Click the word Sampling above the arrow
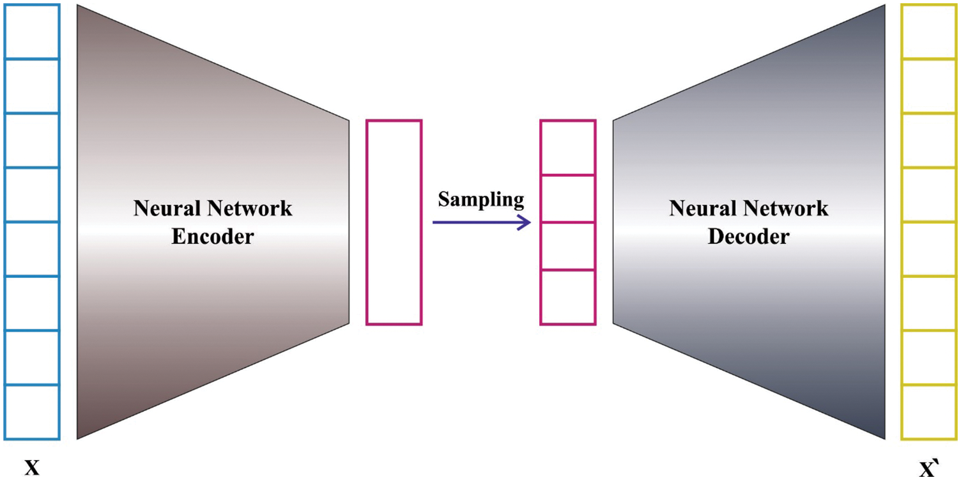(480, 200)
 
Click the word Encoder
(212, 236)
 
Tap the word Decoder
(748, 236)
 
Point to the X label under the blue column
(32, 468)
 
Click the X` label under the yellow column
(928, 469)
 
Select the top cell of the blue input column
(32, 31)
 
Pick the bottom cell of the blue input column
(32, 412)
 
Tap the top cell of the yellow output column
(928, 31)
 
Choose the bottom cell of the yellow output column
(928, 412)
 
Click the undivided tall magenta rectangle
(394, 222)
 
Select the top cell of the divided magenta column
(567, 147)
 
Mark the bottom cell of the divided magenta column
(567, 297)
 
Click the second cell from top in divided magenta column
(567, 198)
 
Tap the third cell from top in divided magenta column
(567, 246)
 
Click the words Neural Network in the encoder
(212, 208)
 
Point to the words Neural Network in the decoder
(748, 208)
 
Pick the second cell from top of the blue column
(32, 86)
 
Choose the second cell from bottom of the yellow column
(928, 358)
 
